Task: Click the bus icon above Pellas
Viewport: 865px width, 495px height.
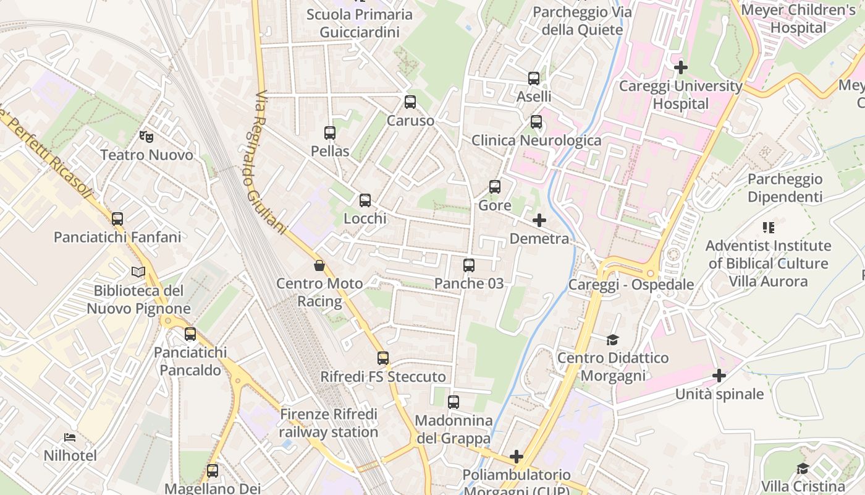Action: point(330,133)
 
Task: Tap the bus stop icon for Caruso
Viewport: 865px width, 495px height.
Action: point(410,102)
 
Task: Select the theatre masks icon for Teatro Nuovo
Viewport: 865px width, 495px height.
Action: point(146,136)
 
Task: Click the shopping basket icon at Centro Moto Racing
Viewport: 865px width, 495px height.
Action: point(319,265)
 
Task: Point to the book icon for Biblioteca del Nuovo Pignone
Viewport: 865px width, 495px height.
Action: point(138,272)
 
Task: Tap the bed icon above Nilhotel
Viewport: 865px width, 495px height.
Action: point(70,437)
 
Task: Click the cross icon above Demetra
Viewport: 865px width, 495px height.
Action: point(539,220)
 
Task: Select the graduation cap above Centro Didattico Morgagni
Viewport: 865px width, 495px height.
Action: point(612,340)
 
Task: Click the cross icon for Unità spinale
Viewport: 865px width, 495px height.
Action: point(719,376)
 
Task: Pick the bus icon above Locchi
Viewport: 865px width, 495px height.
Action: point(365,200)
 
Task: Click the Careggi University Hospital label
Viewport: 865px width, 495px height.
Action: point(681,95)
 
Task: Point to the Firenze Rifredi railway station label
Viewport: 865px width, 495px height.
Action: point(328,423)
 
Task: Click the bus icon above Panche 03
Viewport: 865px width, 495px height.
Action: point(469,265)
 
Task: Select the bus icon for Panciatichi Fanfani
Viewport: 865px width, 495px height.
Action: point(117,219)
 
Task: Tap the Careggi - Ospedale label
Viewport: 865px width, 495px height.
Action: point(631,285)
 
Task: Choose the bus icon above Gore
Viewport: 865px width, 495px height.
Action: point(495,187)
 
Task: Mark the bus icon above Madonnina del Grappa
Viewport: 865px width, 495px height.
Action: point(454,402)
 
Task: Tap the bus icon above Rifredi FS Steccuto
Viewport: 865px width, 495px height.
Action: point(383,358)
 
